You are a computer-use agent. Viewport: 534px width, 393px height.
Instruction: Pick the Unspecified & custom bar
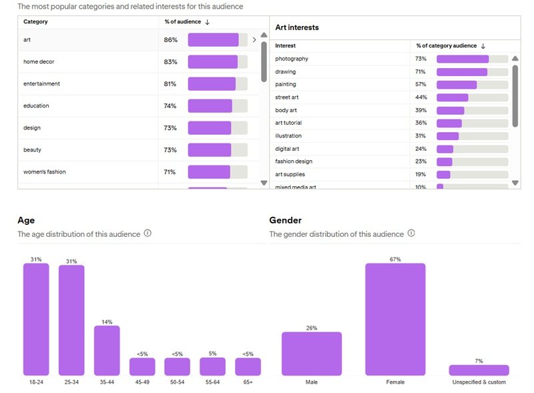click(x=479, y=370)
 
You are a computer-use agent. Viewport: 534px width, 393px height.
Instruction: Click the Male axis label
click(x=311, y=382)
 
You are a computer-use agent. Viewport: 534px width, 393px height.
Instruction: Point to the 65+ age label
click(x=248, y=382)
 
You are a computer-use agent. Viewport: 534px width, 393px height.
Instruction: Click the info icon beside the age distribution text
click(x=148, y=234)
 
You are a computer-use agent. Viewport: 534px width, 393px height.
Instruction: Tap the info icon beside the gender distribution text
click(x=411, y=234)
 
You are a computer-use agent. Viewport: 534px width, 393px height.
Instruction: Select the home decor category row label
click(x=39, y=62)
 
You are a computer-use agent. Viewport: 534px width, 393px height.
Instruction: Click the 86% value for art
click(x=170, y=40)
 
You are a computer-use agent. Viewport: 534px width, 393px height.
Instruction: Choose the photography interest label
click(x=292, y=59)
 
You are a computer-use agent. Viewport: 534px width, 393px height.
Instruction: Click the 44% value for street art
click(x=421, y=97)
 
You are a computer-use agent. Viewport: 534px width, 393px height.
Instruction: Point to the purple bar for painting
click(x=457, y=85)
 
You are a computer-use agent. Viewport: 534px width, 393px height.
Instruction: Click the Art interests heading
click(x=297, y=27)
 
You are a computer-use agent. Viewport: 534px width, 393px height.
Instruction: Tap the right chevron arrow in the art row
click(x=254, y=40)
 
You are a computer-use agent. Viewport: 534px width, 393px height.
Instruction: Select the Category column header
click(x=35, y=22)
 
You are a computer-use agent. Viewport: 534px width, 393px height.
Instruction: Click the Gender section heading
click(x=285, y=220)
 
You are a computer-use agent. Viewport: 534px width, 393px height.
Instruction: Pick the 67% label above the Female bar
click(x=395, y=259)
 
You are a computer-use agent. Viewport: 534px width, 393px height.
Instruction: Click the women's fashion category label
click(x=44, y=172)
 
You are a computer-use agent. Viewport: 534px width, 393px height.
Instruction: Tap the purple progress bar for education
click(x=210, y=106)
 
